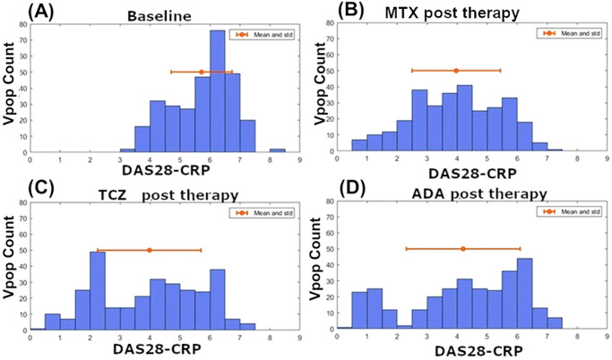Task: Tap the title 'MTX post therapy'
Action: pos(464,13)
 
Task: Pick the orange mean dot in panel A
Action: pos(201,72)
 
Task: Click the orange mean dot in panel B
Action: pos(455,70)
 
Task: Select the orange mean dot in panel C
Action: pos(150,250)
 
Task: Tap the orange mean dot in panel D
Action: pos(462,249)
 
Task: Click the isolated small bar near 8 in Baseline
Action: pos(277,151)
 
